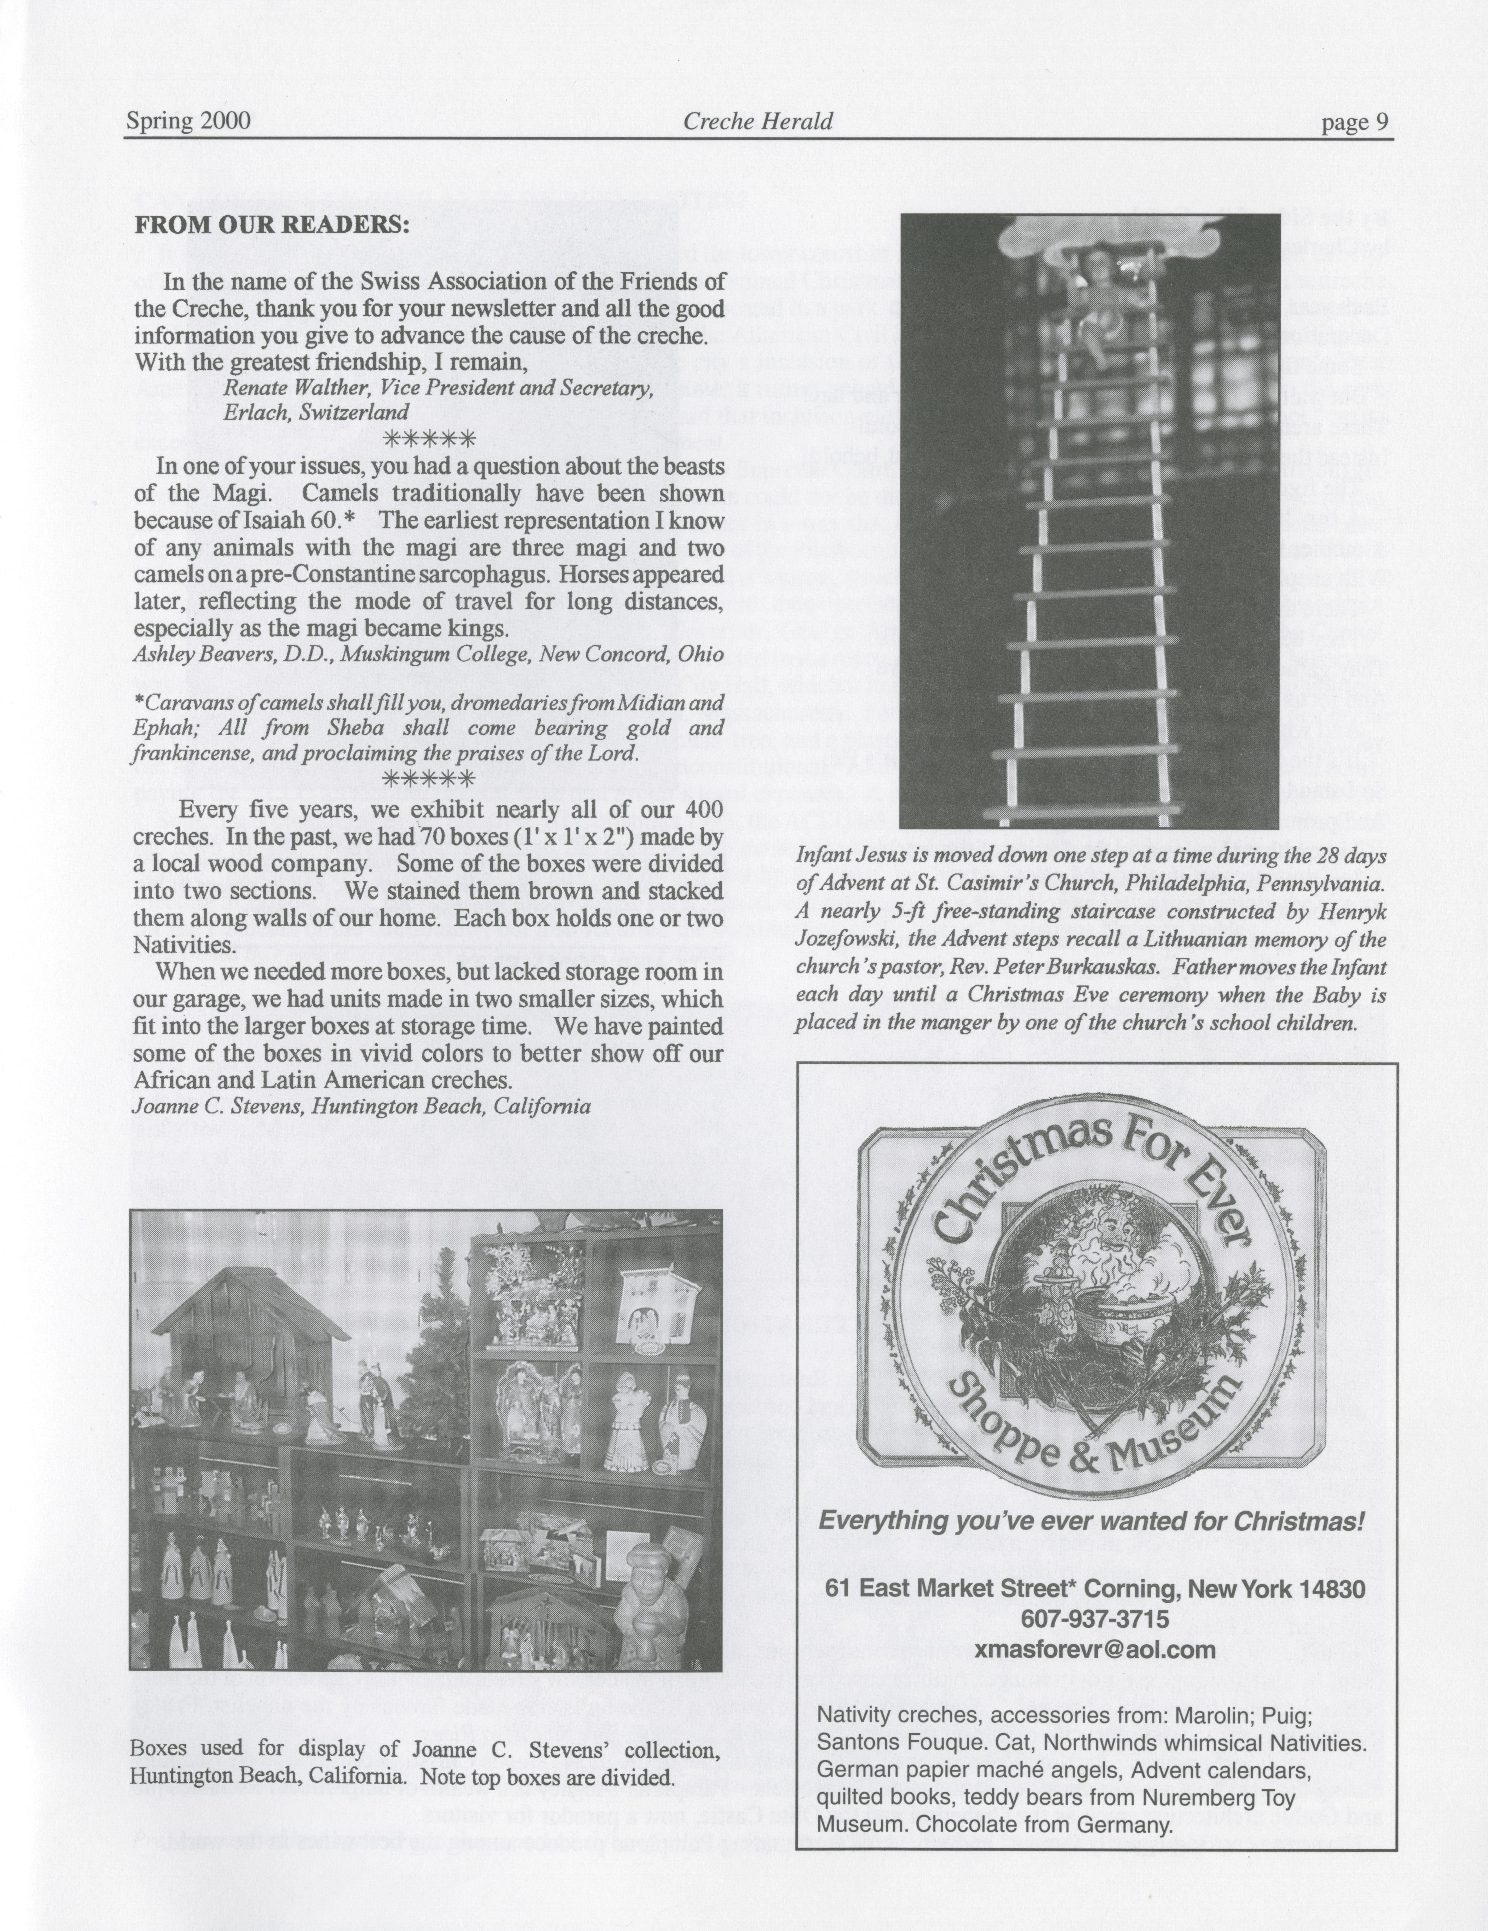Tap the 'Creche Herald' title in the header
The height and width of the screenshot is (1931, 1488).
[758, 121]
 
